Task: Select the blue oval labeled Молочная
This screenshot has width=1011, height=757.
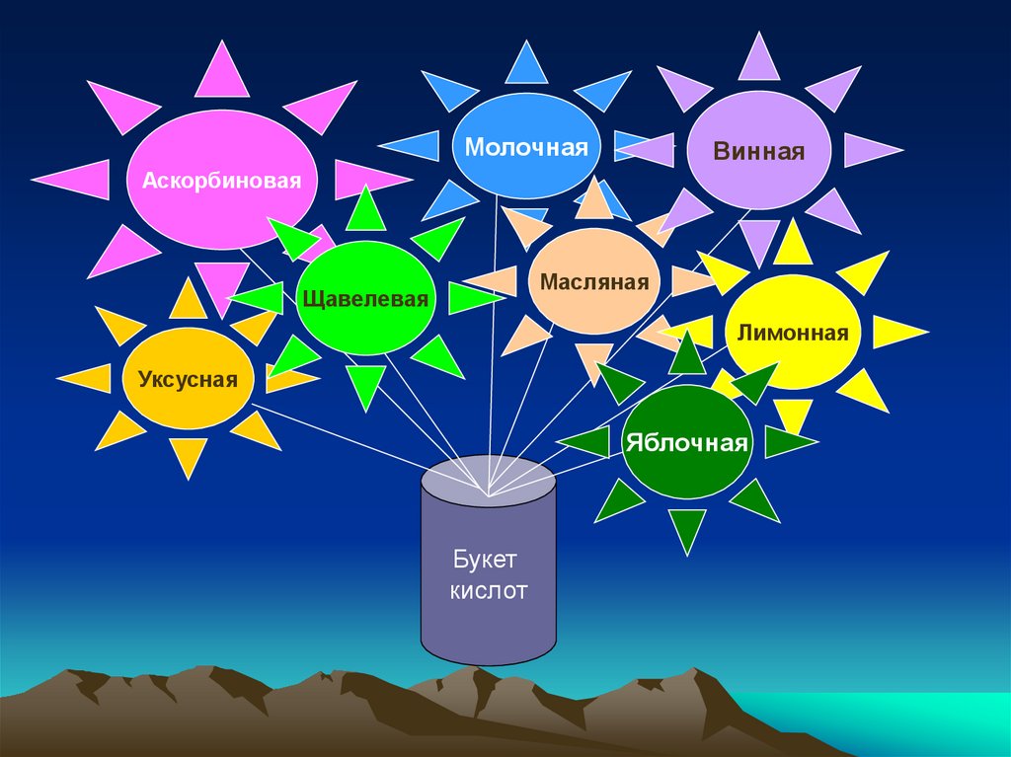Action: (526, 146)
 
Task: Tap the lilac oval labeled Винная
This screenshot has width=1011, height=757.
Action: (758, 150)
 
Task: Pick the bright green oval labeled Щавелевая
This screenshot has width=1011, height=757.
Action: (365, 297)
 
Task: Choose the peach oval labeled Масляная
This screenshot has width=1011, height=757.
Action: (593, 282)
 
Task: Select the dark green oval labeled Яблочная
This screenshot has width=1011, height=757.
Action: (686, 441)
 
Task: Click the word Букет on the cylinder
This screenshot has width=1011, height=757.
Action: (486, 561)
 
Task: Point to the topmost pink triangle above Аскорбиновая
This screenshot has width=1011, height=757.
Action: (221, 72)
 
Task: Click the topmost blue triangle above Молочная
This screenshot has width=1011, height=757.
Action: (526, 64)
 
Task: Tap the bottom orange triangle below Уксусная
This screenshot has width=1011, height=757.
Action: (188, 457)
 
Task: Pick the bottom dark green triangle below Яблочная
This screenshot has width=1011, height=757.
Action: (687, 529)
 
